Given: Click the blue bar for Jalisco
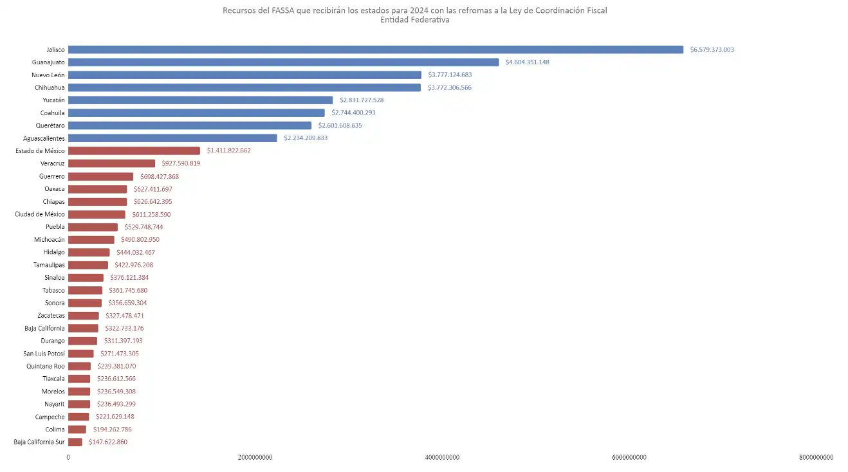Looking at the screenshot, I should click(x=375, y=50).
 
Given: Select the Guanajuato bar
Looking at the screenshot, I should click(x=283, y=62).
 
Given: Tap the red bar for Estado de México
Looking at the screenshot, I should click(x=134, y=150).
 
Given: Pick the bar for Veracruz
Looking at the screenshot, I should click(x=111, y=163).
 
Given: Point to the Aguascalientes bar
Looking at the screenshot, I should click(x=172, y=138).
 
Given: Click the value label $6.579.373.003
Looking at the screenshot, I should click(x=712, y=50).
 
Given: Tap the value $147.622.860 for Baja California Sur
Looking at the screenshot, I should click(x=108, y=442).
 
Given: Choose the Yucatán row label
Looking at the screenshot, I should click(x=53, y=100).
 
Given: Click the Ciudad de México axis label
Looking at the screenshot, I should click(x=40, y=214).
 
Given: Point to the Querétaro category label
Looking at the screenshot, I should click(x=50, y=125).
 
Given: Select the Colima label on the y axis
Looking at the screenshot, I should click(x=55, y=430).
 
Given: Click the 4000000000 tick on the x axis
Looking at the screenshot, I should click(x=443, y=457).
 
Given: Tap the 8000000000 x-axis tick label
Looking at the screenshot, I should click(x=816, y=457).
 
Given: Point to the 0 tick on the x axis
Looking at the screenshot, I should click(x=68, y=457).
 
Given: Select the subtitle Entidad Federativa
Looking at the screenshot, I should click(x=414, y=20).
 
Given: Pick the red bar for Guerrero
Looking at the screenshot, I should click(x=100, y=176).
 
